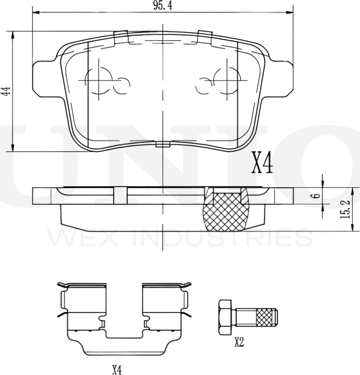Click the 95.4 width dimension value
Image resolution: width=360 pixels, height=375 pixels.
click(163, 6)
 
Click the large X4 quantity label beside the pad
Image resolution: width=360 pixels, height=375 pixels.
click(262, 163)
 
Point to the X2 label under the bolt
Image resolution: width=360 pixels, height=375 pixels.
click(239, 343)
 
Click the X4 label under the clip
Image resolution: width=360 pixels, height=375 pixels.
click(117, 370)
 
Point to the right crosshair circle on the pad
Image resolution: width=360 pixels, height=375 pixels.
click(227, 79)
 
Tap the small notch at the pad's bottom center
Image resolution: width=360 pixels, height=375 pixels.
click(162, 145)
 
